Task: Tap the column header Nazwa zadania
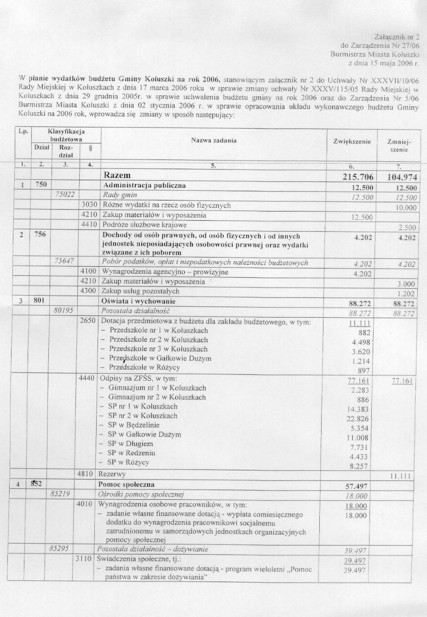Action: pos(213,140)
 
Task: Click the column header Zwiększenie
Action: pos(352,142)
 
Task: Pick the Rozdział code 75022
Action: pos(65,194)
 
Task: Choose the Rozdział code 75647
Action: pos(65,261)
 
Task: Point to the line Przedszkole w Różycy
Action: pos(144,367)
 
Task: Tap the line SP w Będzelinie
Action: pos(133,425)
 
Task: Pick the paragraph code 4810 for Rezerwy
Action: pos(87,474)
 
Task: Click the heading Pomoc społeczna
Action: pos(127,484)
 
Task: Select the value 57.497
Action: pos(356,486)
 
